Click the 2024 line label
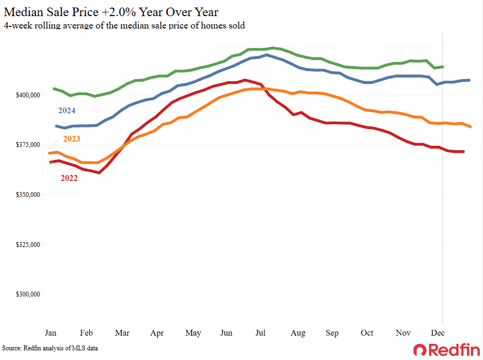67,111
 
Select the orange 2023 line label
71,139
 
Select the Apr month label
157,333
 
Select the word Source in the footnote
12,349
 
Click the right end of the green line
443,67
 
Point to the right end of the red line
464,152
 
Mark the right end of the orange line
471,126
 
